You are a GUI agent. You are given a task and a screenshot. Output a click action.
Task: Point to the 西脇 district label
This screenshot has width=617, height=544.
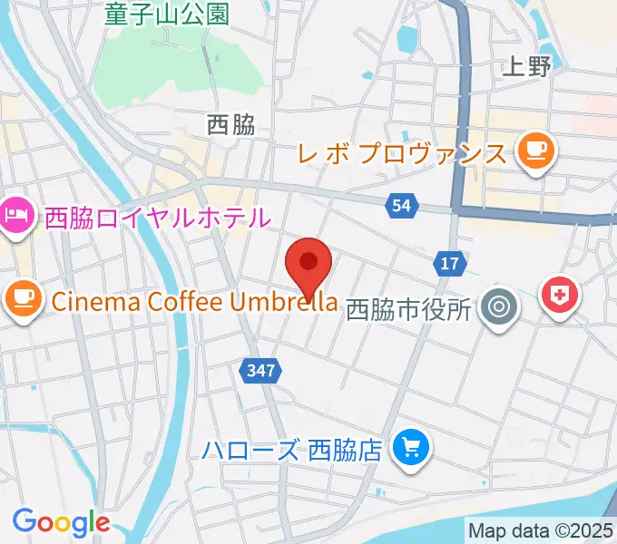tap(230, 125)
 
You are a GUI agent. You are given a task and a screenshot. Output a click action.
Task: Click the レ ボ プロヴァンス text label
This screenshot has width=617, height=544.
tap(402, 151)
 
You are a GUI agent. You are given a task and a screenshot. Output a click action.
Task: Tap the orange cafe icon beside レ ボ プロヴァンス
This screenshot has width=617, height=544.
tap(535, 149)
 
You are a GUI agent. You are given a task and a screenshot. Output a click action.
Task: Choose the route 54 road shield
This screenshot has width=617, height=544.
tap(402, 207)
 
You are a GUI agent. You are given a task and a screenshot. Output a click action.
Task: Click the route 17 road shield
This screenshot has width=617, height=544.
tap(449, 263)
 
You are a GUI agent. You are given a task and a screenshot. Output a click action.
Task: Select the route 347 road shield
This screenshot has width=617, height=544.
tap(261, 370)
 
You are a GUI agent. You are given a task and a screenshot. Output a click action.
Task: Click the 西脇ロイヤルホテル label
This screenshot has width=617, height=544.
tap(158, 218)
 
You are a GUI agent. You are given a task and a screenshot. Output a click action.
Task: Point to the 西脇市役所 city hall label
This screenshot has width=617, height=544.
tap(409, 309)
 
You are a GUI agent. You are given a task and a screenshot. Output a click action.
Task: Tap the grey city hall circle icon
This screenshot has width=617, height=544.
tap(498, 307)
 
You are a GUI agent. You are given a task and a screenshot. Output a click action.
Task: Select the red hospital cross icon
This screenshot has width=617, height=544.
tap(560, 296)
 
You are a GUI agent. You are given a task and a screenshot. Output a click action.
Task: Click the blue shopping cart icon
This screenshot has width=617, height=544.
tap(411, 447)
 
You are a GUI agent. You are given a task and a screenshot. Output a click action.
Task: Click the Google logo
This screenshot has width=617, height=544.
tap(61, 522)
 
